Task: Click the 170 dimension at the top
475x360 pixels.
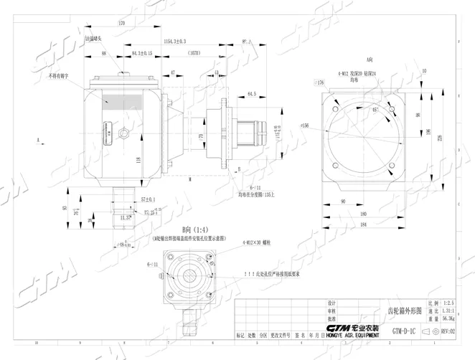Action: (x=121, y=24)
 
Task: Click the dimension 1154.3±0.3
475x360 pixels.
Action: (x=174, y=42)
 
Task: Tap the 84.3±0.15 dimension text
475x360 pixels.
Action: (x=142, y=54)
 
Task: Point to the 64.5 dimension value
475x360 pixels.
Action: (x=251, y=94)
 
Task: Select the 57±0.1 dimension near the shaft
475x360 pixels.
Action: (x=148, y=199)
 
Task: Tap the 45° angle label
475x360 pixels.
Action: (x=375, y=110)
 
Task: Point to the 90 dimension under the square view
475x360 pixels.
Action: (x=343, y=202)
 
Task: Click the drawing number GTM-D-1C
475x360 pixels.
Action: (x=405, y=331)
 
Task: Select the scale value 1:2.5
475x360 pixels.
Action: (x=449, y=304)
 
